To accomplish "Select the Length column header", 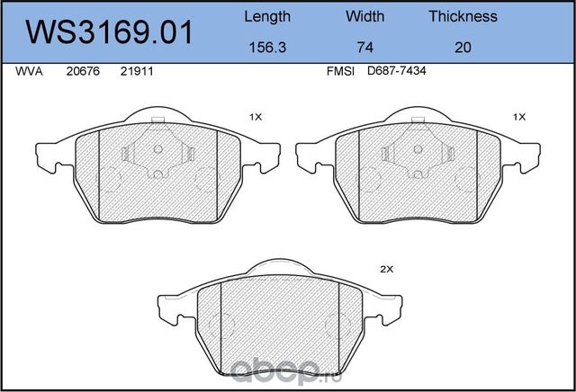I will click(267, 16).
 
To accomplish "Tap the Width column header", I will click(364, 16).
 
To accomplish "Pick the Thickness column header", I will click(463, 16).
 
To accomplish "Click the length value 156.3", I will click(267, 48).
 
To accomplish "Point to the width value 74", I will click(364, 48).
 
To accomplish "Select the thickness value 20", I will click(463, 48).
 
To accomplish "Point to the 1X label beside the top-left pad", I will click(256, 117).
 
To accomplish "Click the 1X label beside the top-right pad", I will click(518, 117).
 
